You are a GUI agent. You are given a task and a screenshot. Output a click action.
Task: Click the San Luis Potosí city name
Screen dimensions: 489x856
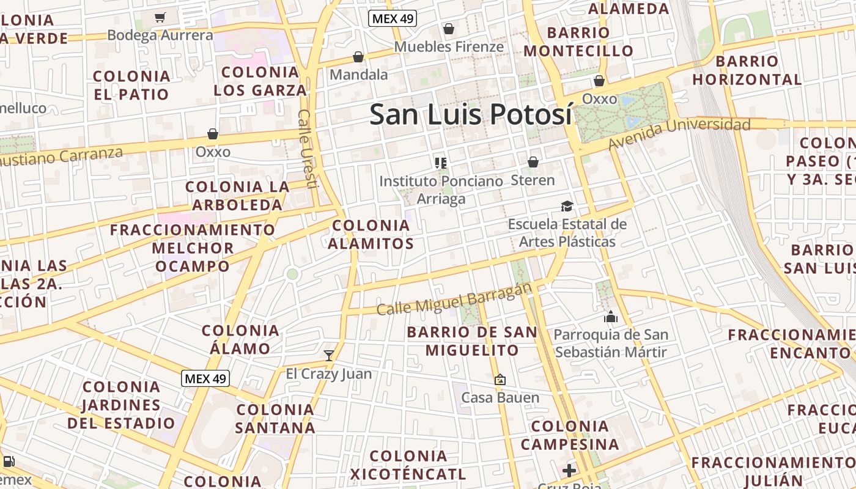(471, 114)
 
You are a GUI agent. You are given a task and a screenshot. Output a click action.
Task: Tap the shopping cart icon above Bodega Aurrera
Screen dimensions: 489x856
(160, 18)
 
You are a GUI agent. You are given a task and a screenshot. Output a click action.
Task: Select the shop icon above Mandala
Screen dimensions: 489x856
(358, 57)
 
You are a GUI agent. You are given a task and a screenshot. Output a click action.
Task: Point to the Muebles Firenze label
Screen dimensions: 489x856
(449, 46)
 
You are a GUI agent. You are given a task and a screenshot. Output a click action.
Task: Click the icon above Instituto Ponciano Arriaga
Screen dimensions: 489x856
(440, 163)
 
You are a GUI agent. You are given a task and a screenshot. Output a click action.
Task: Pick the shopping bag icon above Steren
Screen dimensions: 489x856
(533, 162)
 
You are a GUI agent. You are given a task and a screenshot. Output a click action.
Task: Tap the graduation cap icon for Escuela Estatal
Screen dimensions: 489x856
(567, 207)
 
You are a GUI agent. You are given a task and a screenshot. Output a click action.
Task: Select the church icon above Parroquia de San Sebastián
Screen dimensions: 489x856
(610, 317)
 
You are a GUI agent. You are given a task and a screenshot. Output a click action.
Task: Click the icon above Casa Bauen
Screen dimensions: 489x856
(500, 380)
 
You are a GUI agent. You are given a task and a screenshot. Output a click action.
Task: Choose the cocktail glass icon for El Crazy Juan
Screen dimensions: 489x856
(329, 355)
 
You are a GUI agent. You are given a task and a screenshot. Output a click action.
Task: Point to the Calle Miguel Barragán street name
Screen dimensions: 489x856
(454, 299)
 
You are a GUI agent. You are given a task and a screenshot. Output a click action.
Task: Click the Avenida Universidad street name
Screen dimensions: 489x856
(679, 134)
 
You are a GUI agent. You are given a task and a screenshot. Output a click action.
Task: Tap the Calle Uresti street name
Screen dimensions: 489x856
(307, 149)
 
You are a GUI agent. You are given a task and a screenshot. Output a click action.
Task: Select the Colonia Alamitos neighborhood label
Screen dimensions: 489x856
(371, 234)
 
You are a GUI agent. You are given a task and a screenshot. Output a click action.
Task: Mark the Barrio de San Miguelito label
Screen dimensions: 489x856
(472, 341)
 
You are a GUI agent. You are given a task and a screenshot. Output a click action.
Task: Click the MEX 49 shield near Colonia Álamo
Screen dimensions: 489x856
(205, 378)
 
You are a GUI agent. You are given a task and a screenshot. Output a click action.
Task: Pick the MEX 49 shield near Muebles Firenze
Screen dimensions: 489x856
(393, 18)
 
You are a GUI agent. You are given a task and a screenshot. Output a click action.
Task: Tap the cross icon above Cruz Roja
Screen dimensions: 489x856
(569, 470)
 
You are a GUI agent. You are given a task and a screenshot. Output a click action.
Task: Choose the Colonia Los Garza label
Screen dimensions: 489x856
(260, 81)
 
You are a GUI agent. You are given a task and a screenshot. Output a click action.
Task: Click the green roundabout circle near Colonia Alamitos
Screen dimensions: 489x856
(292, 274)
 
